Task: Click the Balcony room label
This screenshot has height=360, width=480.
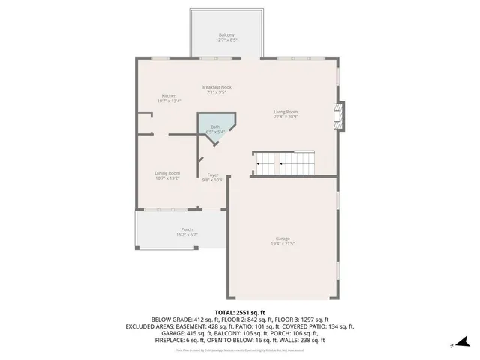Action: (x=226, y=35)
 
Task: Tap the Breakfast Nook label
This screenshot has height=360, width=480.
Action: (x=216, y=87)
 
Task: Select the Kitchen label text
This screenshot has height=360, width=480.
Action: (x=169, y=95)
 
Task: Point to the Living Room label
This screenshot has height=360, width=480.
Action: (x=285, y=112)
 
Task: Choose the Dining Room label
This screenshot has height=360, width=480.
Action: (x=167, y=173)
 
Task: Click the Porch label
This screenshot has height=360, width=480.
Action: (x=187, y=229)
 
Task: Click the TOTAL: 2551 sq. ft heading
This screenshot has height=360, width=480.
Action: (x=239, y=312)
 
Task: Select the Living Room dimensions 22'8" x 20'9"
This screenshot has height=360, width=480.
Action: (x=285, y=117)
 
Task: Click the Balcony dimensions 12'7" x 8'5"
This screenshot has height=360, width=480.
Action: (x=226, y=40)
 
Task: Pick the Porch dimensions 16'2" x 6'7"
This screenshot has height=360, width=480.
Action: (x=187, y=235)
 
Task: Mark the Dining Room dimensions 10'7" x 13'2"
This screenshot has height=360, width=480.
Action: (x=167, y=178)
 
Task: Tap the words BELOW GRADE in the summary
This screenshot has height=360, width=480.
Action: (x=172, y=319)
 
